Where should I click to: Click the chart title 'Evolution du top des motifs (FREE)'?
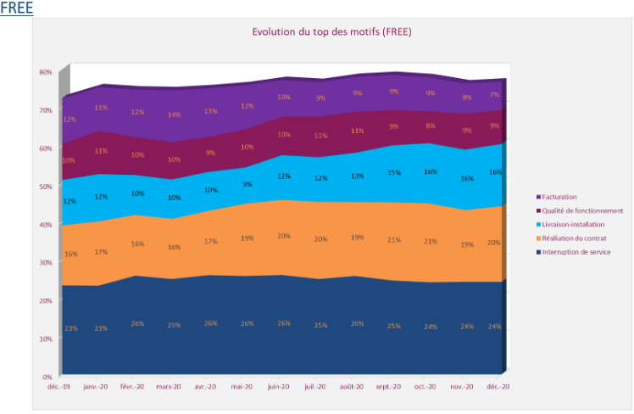[332, 31]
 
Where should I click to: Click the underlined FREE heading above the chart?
[16, 8]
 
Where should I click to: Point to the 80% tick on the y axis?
[46, 72]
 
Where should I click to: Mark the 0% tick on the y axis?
[48, 376]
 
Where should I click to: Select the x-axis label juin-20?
[280, 386]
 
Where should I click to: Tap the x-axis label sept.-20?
[388, 386]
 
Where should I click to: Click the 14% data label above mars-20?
[173, 115]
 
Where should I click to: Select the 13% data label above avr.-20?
[210, 111]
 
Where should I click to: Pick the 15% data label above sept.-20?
[394, 172]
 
